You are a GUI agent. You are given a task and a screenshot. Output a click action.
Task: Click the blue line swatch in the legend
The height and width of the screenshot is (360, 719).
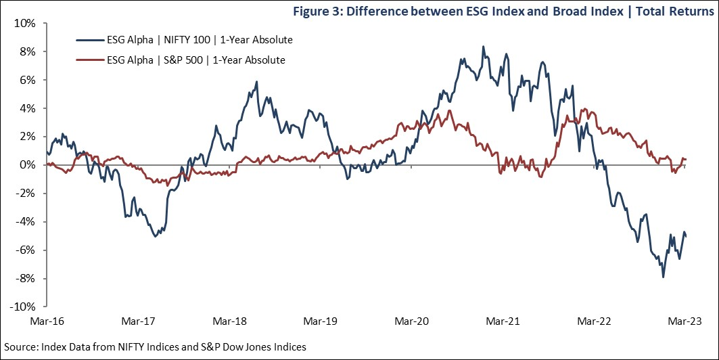coord(89,41)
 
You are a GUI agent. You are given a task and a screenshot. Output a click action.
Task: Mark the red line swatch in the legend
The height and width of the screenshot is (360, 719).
coord(89,60)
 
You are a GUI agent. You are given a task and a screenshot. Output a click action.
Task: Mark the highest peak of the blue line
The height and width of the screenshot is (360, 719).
coord(483,47)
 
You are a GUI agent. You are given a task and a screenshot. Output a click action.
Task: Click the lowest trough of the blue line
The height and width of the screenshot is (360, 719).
coord(663,277)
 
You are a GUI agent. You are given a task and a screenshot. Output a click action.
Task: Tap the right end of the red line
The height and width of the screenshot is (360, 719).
coord(687,160)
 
